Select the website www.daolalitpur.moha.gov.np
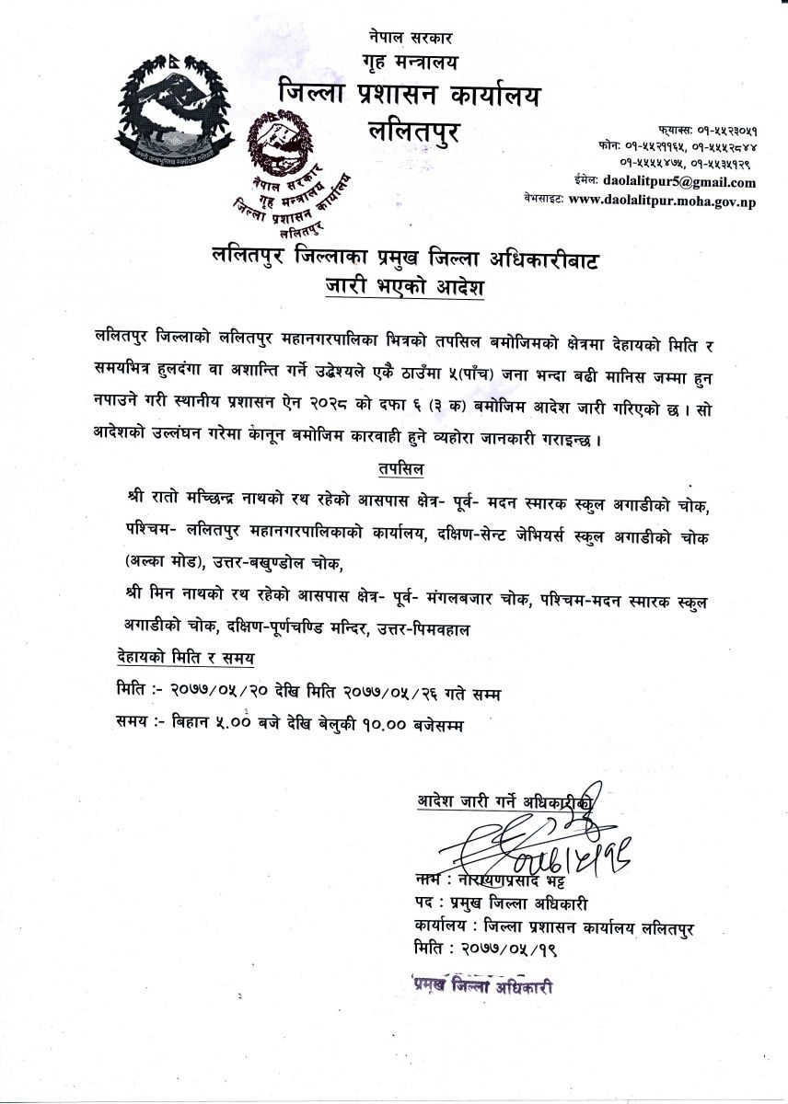[662, 200]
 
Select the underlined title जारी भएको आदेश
[404, 288]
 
